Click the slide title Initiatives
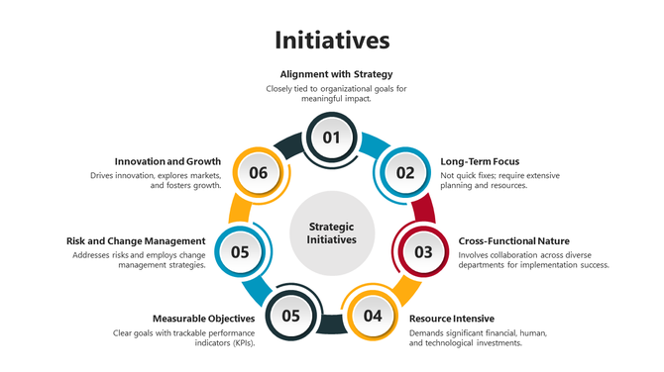pos(332,41)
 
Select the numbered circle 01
pos(332,138)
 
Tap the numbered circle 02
pos(405,172)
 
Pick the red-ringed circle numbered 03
pos(423,251)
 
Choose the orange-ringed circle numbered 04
pos(373,316)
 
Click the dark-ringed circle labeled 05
pos(290,316)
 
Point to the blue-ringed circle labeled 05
pos(240,251)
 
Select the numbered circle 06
pos(259,172)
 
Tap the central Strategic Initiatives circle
pos(331,233)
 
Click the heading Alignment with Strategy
pos(336,74)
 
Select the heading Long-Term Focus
pos(480,161)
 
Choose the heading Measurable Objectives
pos(203,319)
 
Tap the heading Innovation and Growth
pos(167,161)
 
